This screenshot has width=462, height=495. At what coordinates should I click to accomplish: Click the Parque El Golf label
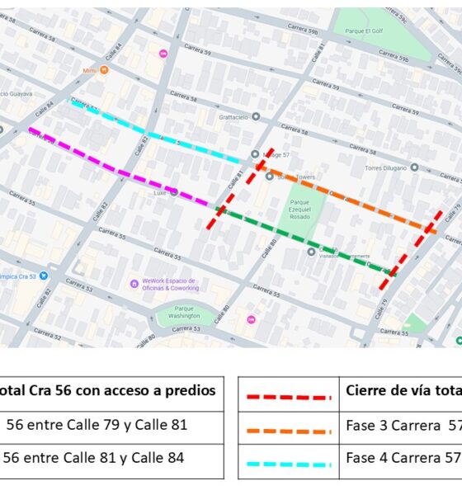[x=365, y=32]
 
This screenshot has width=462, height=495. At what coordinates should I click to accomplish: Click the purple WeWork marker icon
[x=134, y=283]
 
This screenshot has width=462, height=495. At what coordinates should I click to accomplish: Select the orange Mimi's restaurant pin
[x=104, y=70]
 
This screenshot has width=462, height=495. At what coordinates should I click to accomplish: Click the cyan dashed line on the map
[x=157, y=132]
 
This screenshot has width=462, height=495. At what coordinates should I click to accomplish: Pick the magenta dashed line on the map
[x=124, y=171]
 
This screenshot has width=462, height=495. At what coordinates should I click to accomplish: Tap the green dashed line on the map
[x=305, y=240]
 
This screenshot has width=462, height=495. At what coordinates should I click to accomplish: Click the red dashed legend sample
[x=288, y=397]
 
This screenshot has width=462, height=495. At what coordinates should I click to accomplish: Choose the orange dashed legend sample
[x=288, y=431]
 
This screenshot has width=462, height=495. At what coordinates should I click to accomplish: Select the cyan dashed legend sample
[x=288, y=463]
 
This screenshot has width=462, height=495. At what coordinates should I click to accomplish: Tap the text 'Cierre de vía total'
[x=403, y=390]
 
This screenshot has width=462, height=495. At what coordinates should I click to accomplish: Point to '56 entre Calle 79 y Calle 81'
[x=97, y=425]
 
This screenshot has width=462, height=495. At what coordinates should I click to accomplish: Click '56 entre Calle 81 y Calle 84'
[x=96, y=457]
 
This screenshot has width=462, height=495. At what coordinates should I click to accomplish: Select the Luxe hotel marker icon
[x=174, y=192]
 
